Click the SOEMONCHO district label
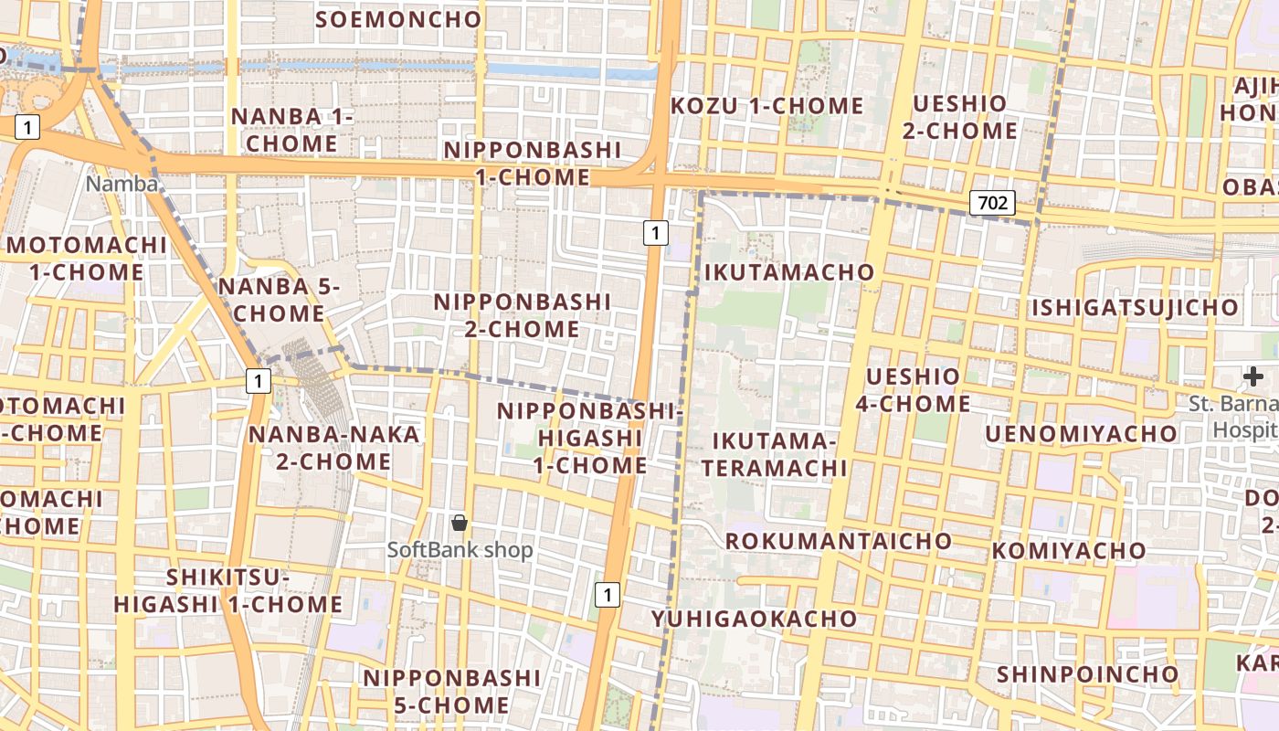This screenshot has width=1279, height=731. tap(397, 19)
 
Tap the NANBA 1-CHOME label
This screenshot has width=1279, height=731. tap(291, 130)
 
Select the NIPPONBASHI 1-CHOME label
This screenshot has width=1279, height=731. tap(533, 164)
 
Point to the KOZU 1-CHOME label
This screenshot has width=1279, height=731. tap(766, 106)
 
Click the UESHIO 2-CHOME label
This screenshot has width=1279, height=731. tap(959, 117)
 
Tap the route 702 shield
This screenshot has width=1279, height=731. tap(992, 203)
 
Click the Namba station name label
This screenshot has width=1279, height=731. tap(122, 184)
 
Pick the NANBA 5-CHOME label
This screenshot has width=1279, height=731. tap(279, 300)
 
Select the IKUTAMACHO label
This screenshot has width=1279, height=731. tap(789, 272)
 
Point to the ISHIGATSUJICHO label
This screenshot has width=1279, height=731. tap(1135, 308)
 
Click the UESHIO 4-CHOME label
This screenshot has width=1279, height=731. tap(914, 390)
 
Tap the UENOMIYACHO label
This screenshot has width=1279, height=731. tap(1081, 433)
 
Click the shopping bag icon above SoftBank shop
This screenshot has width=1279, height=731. tap(460, 523)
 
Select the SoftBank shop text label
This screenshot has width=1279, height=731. tap(460, 550)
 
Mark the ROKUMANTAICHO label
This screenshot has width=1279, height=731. tap(839, 541)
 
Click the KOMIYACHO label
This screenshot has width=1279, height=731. tap(1069, 551)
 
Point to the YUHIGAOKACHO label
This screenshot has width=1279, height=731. tap(755, 619)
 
